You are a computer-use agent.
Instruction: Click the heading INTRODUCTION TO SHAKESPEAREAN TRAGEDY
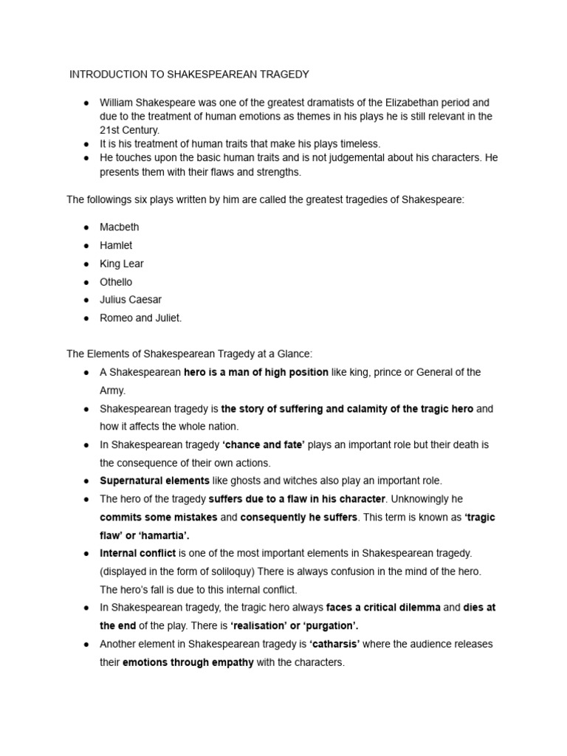pos(189,74)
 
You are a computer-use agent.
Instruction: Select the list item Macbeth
pos(119,227)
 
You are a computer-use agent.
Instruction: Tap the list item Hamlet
pos(116,245)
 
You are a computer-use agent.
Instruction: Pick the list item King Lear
pos(122,264)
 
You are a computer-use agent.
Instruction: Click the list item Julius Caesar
pos(131,300)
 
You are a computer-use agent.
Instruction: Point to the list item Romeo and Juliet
pos(140,318)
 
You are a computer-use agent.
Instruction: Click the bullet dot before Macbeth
pos(86,227)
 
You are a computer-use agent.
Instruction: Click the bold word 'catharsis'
pos(334,644)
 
